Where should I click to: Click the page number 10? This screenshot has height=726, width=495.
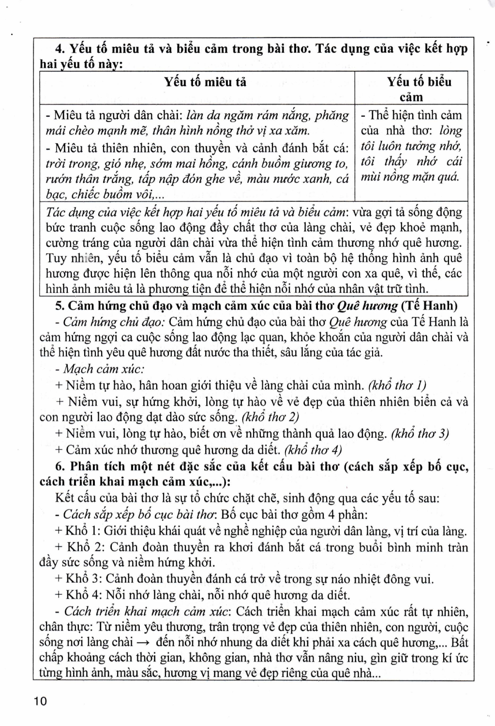(41, 700)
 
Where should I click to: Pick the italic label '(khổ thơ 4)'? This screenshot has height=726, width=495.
(313, 450)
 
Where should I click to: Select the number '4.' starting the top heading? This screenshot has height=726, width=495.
(60, 49)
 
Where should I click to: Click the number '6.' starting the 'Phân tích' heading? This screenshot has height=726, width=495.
(60, 467)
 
